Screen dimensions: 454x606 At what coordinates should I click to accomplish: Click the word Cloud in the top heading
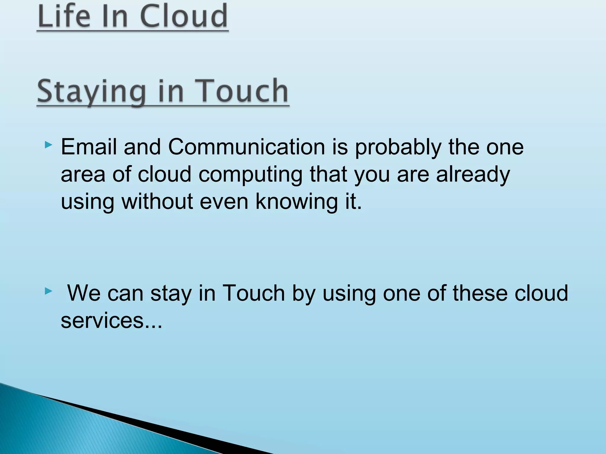tap(184, 16)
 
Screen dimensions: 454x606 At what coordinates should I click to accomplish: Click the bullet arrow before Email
tap(48, 145)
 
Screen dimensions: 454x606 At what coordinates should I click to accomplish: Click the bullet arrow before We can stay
tap(48, 291)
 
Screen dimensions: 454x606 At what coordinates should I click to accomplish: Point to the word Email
tap(88, 147)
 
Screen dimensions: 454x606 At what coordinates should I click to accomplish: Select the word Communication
tap(246, 147)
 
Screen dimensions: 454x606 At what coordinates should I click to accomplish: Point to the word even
tap(224, 202)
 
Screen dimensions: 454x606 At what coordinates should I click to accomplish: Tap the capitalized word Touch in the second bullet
tap(253, 293)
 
